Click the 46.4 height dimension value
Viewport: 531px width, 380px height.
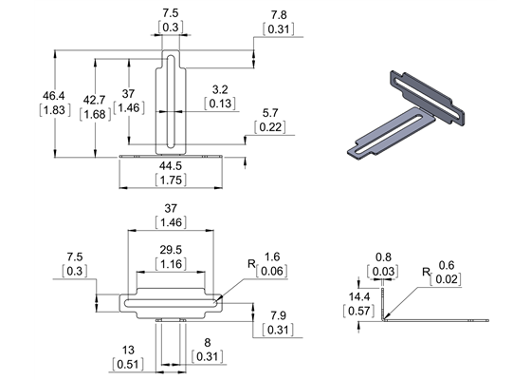click(55, 96)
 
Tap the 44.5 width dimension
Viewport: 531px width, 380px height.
click(171, 165)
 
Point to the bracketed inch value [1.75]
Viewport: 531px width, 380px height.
click(171, 180)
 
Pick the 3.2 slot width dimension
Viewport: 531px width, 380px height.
click(220, 89)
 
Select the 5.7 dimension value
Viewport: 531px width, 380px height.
click(270, 113)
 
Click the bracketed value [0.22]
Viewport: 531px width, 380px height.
click(270, 127)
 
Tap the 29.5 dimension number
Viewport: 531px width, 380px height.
click(171, 250)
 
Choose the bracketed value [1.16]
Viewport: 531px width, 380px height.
click(171, 263)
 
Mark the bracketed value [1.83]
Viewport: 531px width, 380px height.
click(55, 110)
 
